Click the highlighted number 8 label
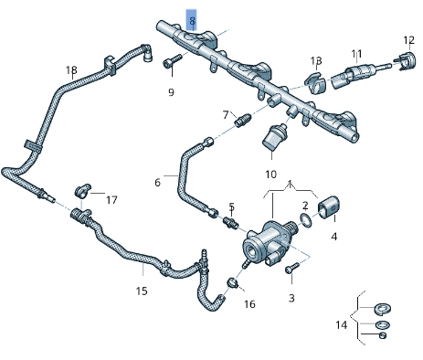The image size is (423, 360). click(192, 19)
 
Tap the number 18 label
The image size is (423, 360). click(71, 70)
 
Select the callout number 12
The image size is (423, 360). click(408, 40)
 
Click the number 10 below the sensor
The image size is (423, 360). click(270, 174)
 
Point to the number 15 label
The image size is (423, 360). click(142, 291)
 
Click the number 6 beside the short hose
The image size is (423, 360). click(157, 183)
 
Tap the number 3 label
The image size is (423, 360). click(291, 298)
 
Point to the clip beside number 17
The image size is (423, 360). click(82, 192)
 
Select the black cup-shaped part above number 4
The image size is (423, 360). click(328, 207)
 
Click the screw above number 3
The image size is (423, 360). click(292, 268)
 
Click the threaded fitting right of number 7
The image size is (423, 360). click(243, 120)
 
